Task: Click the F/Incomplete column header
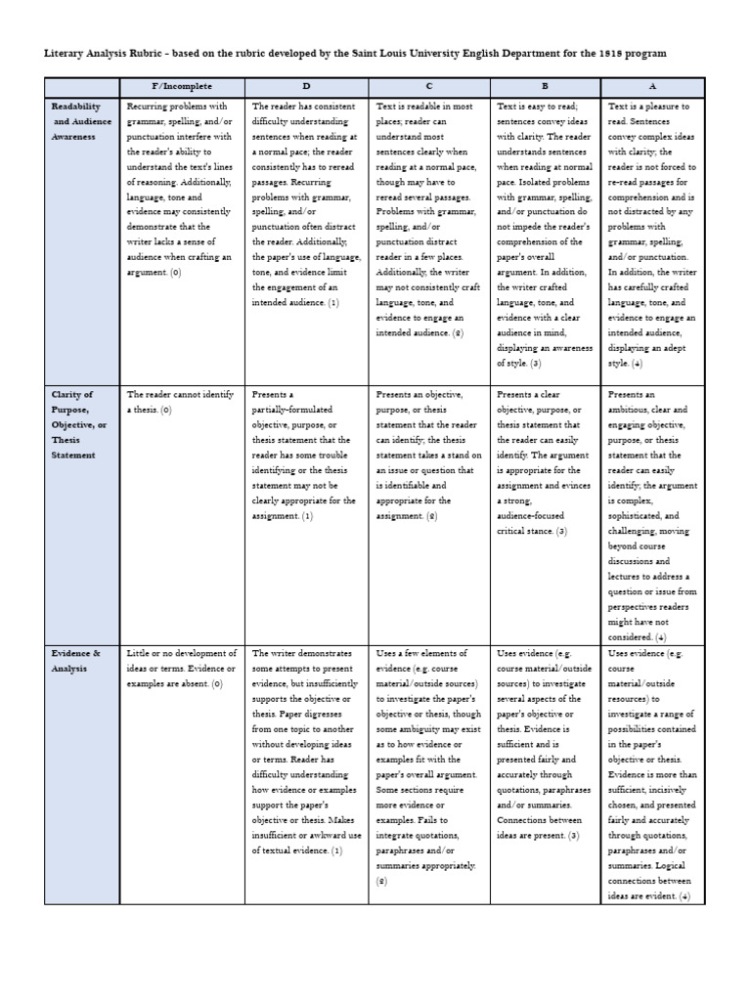(x=182, y=87)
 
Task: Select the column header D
(x=305, y=87)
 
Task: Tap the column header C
(x=428, y=87)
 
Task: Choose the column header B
(x=545, y=87)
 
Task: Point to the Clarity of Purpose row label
(x=76, y=425)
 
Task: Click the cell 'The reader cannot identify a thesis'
(x=180, y=402)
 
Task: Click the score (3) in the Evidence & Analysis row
(x=573, y=836)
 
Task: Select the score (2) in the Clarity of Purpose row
(x=431, y=516)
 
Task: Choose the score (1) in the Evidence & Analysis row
(x=336, y=851)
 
